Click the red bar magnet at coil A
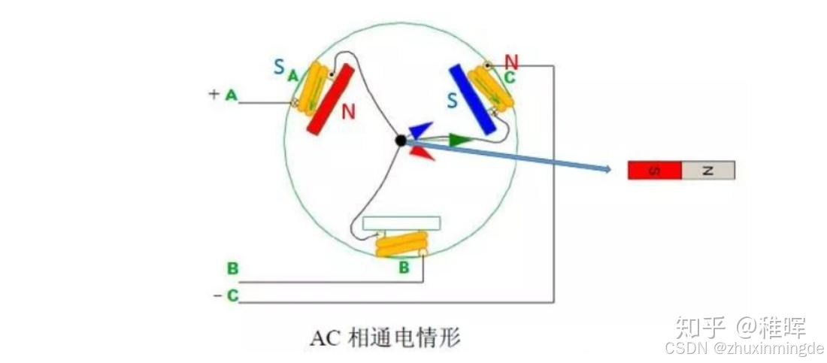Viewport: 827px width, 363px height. tap(331, 99)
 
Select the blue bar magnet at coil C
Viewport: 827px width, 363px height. tap(471, 98)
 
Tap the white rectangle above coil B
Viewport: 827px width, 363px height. tap(401, 223)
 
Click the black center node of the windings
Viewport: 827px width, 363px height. tap(401, 140)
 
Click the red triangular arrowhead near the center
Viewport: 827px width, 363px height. tap(422, 152)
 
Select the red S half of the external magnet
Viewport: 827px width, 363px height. tap(654, 171)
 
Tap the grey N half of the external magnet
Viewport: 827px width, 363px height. tap(707, 171)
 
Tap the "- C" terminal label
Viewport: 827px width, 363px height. tap(226, 296)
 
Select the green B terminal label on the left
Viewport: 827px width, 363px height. tap(232, 268)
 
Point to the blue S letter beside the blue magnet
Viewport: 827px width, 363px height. tap(453, 101)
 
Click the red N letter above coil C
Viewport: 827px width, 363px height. tap(511, 62)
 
